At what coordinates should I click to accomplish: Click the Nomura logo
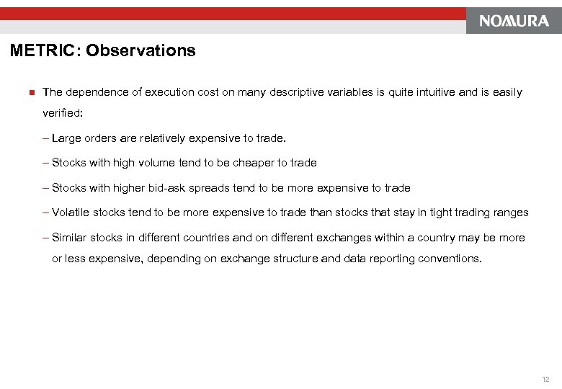point(514,21)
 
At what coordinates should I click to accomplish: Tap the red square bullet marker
point(31,92)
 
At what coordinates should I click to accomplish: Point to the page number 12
point(545,379)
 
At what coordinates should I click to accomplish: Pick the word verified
point(62,113)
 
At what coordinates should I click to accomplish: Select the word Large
point(67,138)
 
